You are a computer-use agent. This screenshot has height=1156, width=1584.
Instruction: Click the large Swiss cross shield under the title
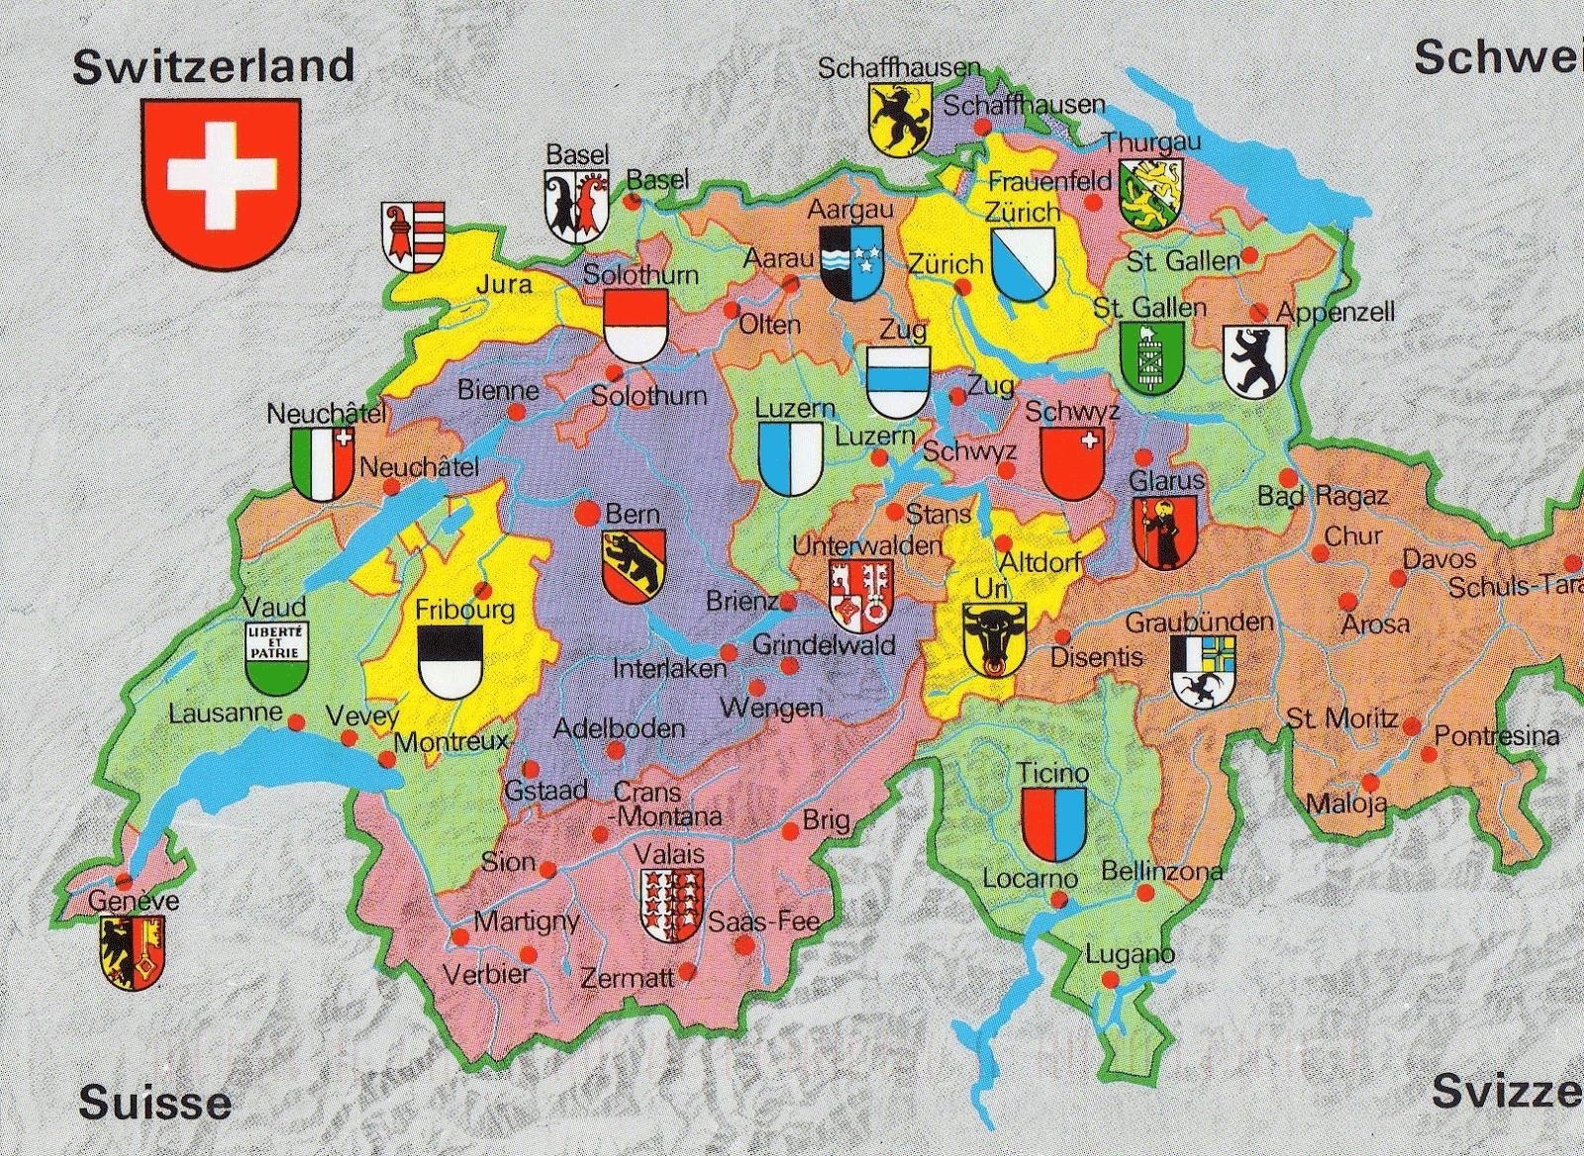(x=221, y=181)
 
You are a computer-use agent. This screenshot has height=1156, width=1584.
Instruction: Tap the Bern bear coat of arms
(x=634, y=565)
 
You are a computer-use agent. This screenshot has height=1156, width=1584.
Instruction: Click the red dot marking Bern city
(x=586, y=514)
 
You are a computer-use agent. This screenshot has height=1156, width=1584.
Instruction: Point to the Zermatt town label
(x=628, y=978)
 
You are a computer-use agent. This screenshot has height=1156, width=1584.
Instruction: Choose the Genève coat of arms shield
(x=132, y=951)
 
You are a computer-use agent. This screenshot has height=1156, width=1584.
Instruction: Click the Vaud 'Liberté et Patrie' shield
(x=277, y=656)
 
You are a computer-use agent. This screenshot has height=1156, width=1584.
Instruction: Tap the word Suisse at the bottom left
(x=155, y=1102)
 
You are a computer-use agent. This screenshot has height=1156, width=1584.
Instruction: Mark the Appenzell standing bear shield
(x=1254, y=361)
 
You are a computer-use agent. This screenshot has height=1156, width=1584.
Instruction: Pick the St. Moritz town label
(x=1341, y=719)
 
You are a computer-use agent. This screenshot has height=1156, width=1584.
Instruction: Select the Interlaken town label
(x=669, y=669)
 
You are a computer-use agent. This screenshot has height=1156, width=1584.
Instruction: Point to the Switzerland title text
(x=214, y=66)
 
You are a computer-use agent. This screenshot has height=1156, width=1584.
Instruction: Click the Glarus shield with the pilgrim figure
(x=1164, y=531)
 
